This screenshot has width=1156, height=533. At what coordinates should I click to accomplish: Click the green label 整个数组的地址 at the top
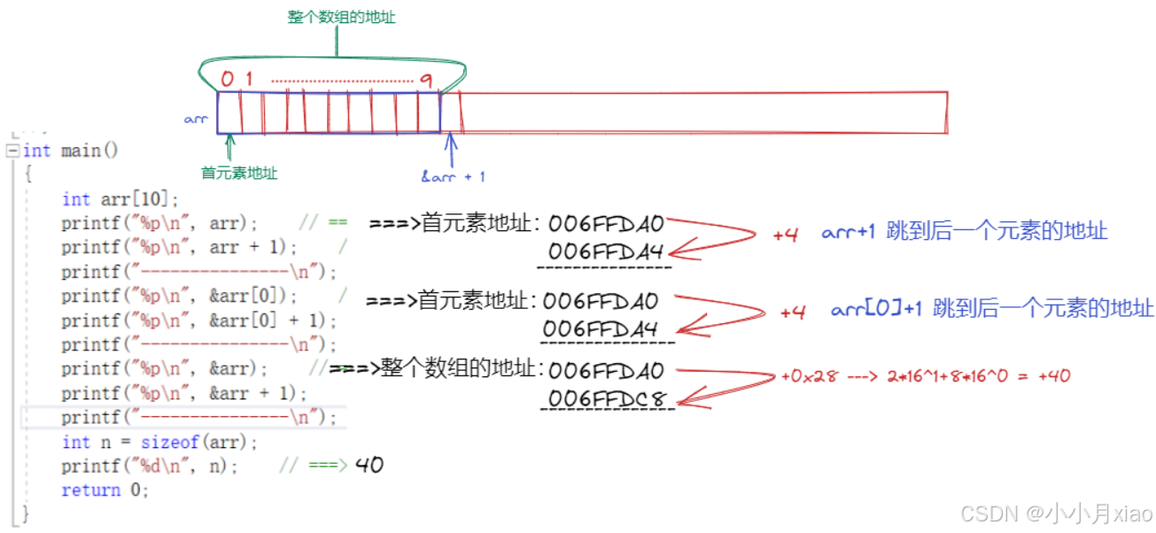coord(342,17)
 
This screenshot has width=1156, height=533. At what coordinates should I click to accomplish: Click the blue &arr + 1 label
coord(453,176)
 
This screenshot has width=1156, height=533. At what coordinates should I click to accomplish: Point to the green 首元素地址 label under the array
coord(239,174)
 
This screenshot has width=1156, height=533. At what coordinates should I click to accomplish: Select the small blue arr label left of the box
coord(196,119)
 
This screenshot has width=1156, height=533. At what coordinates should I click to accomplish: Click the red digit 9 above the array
coord(426,81)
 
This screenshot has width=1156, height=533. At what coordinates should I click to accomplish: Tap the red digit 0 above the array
coord(228,80)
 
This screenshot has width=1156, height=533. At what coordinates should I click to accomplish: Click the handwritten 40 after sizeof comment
coord(369,465)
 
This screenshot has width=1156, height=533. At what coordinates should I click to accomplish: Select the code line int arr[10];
coord(120,199)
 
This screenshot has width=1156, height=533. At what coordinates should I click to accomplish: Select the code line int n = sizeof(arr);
coord(159,442)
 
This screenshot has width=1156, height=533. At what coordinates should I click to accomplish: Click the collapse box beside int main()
coord(12,151)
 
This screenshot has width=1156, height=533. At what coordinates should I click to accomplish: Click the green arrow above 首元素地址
coord(230,147)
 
